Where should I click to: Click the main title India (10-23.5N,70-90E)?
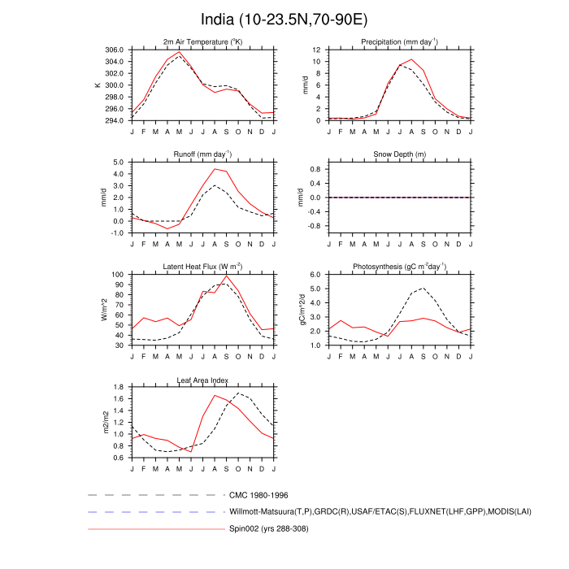(284, 19)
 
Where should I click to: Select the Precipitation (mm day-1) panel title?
(399, 42)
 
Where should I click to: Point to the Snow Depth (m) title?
(399, 154)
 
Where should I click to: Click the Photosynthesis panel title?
(399, 267)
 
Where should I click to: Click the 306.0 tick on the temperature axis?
(114, 50)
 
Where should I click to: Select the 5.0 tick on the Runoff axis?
(118, 163)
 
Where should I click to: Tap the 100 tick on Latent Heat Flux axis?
(117, 275)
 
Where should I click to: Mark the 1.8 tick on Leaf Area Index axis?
(118, 387)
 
